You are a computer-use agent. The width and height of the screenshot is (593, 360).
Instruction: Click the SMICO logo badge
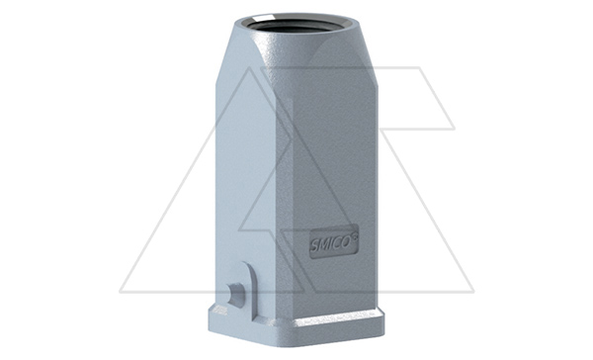tap(334, 241)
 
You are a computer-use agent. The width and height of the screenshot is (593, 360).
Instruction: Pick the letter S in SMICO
tap(314, 246)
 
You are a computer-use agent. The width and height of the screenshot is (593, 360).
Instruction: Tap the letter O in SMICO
tap(345, 242)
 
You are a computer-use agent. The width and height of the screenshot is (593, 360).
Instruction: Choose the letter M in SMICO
tap(322, 245)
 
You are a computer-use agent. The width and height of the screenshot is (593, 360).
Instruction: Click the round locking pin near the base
tap(235, 294)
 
